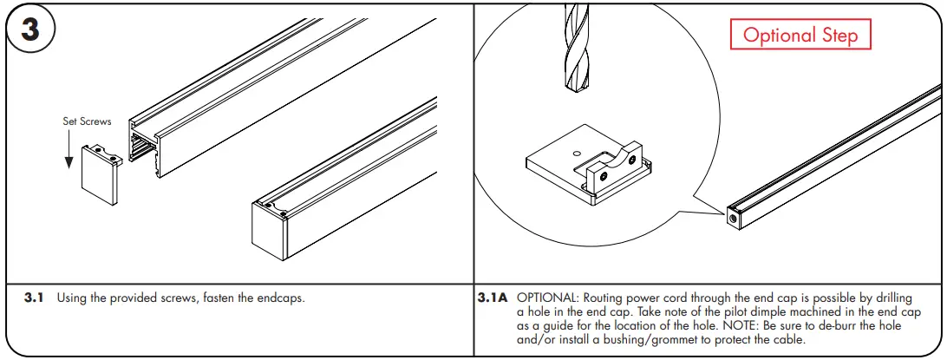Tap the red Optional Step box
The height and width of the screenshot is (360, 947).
pyautogui.click(x=800, y=36)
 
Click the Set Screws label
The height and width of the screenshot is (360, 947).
pyautogui.click(x=87, y=121)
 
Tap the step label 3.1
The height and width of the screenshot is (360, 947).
pyautogui.click(x=34, y=298)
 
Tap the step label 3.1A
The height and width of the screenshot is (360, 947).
pyautogui.click(x=492, y=298)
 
